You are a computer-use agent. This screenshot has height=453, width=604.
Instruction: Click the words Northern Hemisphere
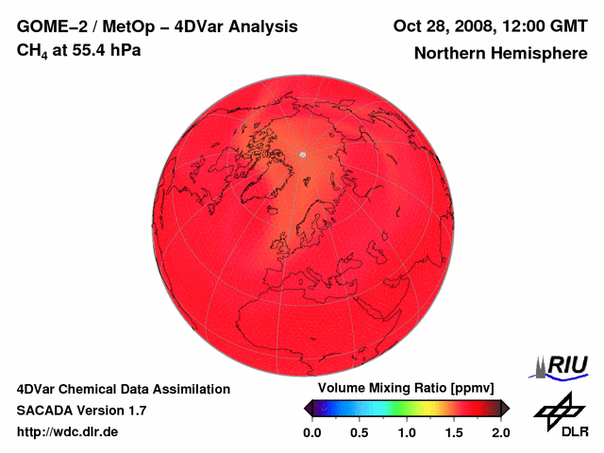point(501,54)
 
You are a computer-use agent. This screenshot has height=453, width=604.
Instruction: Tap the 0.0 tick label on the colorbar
point(312,432)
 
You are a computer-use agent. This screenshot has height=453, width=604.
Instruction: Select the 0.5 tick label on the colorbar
point(360,432)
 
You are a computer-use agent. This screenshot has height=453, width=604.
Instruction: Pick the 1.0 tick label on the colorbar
point(407,432)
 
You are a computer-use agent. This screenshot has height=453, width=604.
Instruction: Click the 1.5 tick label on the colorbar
point(454,432)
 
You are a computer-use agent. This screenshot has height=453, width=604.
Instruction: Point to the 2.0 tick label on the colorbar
point(500,432)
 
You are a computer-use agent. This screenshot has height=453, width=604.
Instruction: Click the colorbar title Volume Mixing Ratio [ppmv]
point(406,389)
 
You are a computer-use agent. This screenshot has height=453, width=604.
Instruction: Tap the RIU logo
point(563,366)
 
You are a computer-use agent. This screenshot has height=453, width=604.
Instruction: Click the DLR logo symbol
point(559,410)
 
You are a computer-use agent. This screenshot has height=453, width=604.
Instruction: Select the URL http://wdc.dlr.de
point(67,432)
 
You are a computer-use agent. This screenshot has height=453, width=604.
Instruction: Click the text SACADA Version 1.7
point(81,411)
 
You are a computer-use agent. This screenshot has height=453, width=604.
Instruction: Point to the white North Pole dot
point(303,154)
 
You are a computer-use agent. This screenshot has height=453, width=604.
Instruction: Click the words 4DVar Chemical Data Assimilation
point(123,389)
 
